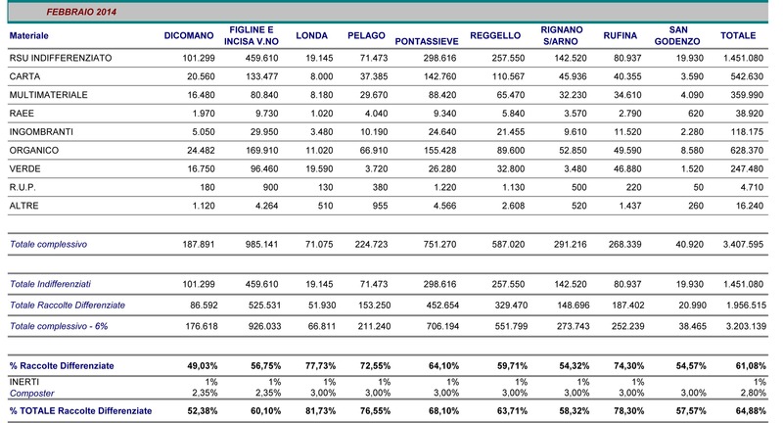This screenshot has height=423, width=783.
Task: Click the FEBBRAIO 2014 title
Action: tap(81, 12)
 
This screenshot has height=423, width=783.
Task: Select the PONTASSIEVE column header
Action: tap(427, 41)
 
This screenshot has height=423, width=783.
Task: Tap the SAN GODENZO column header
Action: tap(677, 35)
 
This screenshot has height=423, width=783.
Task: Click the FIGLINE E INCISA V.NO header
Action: tap(252, 35)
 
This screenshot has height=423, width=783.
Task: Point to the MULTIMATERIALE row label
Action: tap(48, 95)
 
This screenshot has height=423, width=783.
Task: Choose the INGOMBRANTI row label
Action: tap(41, 132)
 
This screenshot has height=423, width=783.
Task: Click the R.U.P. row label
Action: tap(23, 187)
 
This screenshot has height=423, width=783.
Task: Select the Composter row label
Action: tap(32, 394)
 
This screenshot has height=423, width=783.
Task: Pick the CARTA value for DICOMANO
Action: tap(201, 76)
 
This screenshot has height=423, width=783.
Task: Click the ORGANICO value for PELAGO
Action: tap(374, 151)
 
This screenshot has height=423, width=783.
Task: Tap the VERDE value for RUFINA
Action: tap(627, 168)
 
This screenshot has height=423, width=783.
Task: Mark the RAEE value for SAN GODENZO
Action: tap(696, 114)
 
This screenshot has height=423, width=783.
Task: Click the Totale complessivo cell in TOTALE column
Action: tap(743, 244)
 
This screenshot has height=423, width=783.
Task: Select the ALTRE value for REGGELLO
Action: tap(513, 206)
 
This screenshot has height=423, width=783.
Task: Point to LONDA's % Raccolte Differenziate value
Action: tap(321, 366)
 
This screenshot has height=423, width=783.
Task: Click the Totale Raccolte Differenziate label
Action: tap(68, 305)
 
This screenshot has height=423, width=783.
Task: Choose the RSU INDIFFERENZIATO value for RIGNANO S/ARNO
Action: tap(571, 58)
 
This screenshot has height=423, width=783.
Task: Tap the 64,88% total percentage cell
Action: tap(751, 411)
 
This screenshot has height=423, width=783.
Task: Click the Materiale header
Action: tap(29, 36)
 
